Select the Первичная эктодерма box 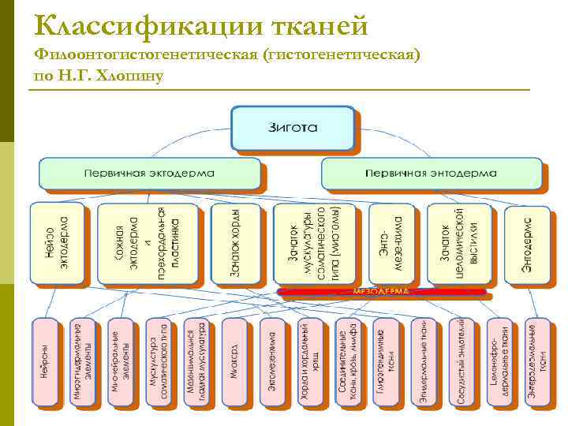point(150,172)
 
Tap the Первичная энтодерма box point(432,172)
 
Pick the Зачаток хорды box point(234,242)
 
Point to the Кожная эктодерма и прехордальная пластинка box point(147,242)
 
